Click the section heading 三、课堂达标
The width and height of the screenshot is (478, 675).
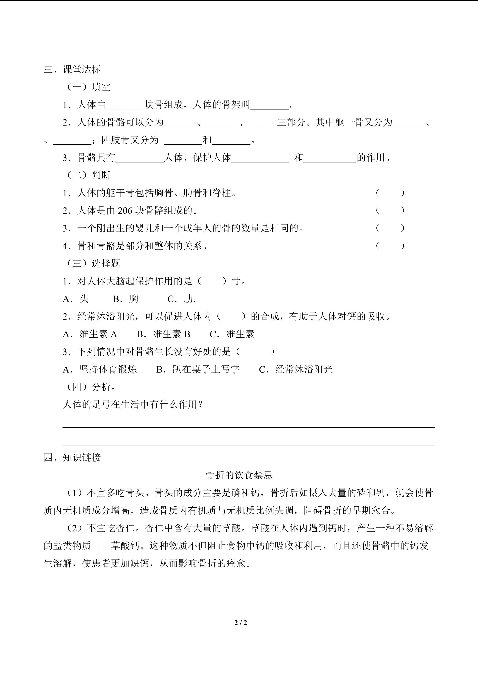[72, 69]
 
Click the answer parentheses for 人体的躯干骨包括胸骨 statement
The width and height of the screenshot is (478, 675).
[390, 193]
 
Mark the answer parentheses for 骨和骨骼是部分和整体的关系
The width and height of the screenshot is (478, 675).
[390, 246]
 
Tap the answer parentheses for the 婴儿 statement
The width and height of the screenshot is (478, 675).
[390, 228]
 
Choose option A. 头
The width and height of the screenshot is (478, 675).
[76, 299]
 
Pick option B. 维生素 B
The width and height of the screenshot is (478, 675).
[164, 334]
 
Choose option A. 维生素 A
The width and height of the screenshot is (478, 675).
[90, 334]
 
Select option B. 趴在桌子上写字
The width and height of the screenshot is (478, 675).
[198, 369]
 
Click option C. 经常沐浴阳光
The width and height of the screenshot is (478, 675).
[296, 369]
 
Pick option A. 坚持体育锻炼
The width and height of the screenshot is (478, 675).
[100, 369]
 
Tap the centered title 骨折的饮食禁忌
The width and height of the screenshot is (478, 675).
[239, 475]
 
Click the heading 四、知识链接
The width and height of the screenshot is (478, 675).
[72, 457]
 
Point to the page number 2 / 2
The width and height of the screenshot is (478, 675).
[241, 623]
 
